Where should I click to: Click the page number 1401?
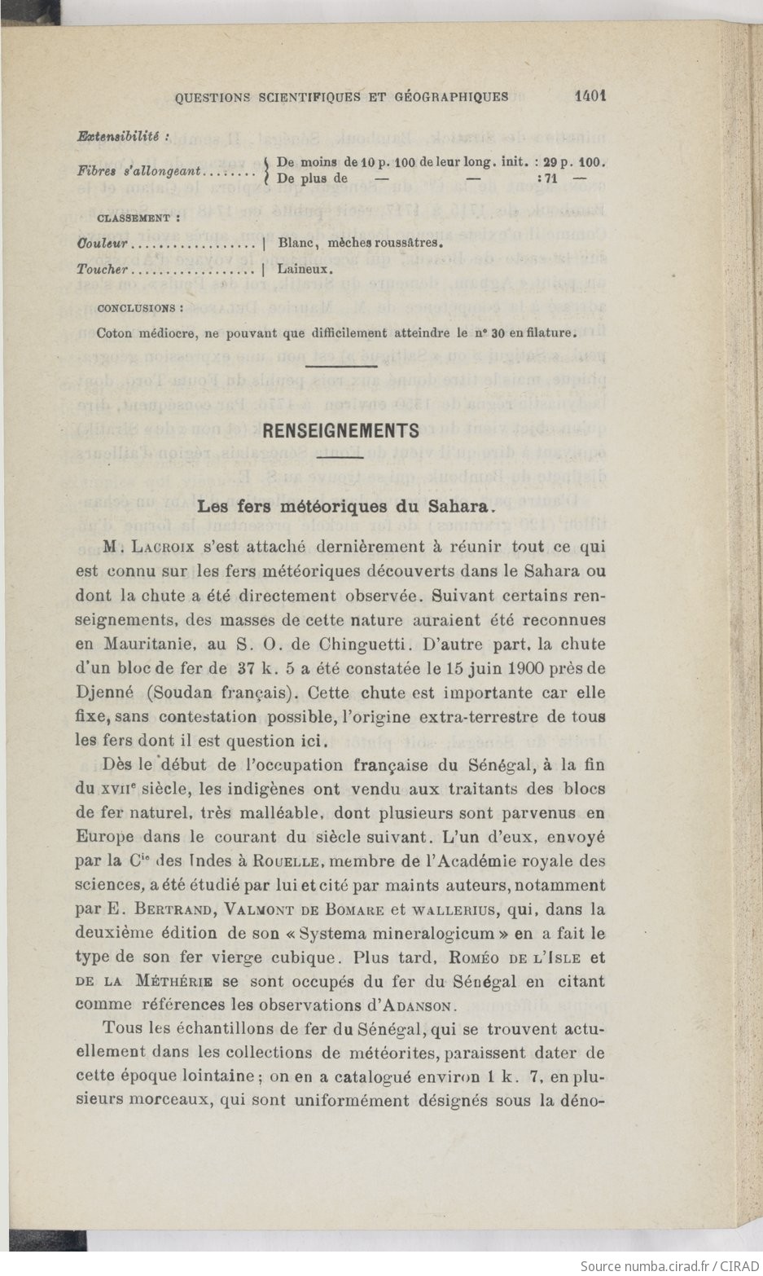[590, 96]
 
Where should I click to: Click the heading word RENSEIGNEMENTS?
[340, 431]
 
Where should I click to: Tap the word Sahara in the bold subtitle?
[457, 506]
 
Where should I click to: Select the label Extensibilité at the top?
[121, 137]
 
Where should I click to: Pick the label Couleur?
[103, 243]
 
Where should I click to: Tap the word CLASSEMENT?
[134, 218]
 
